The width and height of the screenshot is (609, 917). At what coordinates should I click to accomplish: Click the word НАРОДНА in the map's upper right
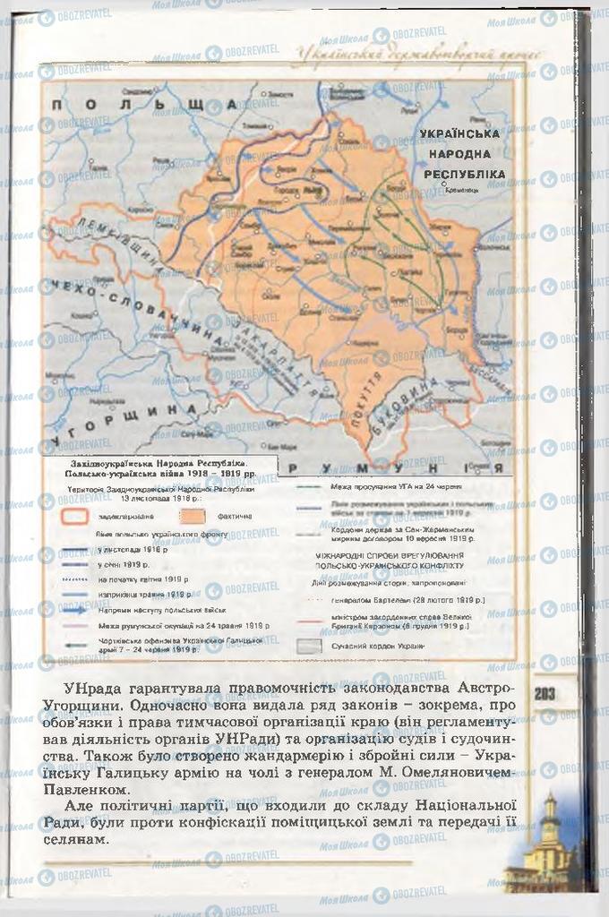(x=459, y=153)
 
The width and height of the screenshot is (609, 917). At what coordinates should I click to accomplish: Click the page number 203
(x=544, y=692)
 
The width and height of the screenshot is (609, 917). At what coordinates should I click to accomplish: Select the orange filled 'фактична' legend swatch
(x=193, y=517)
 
